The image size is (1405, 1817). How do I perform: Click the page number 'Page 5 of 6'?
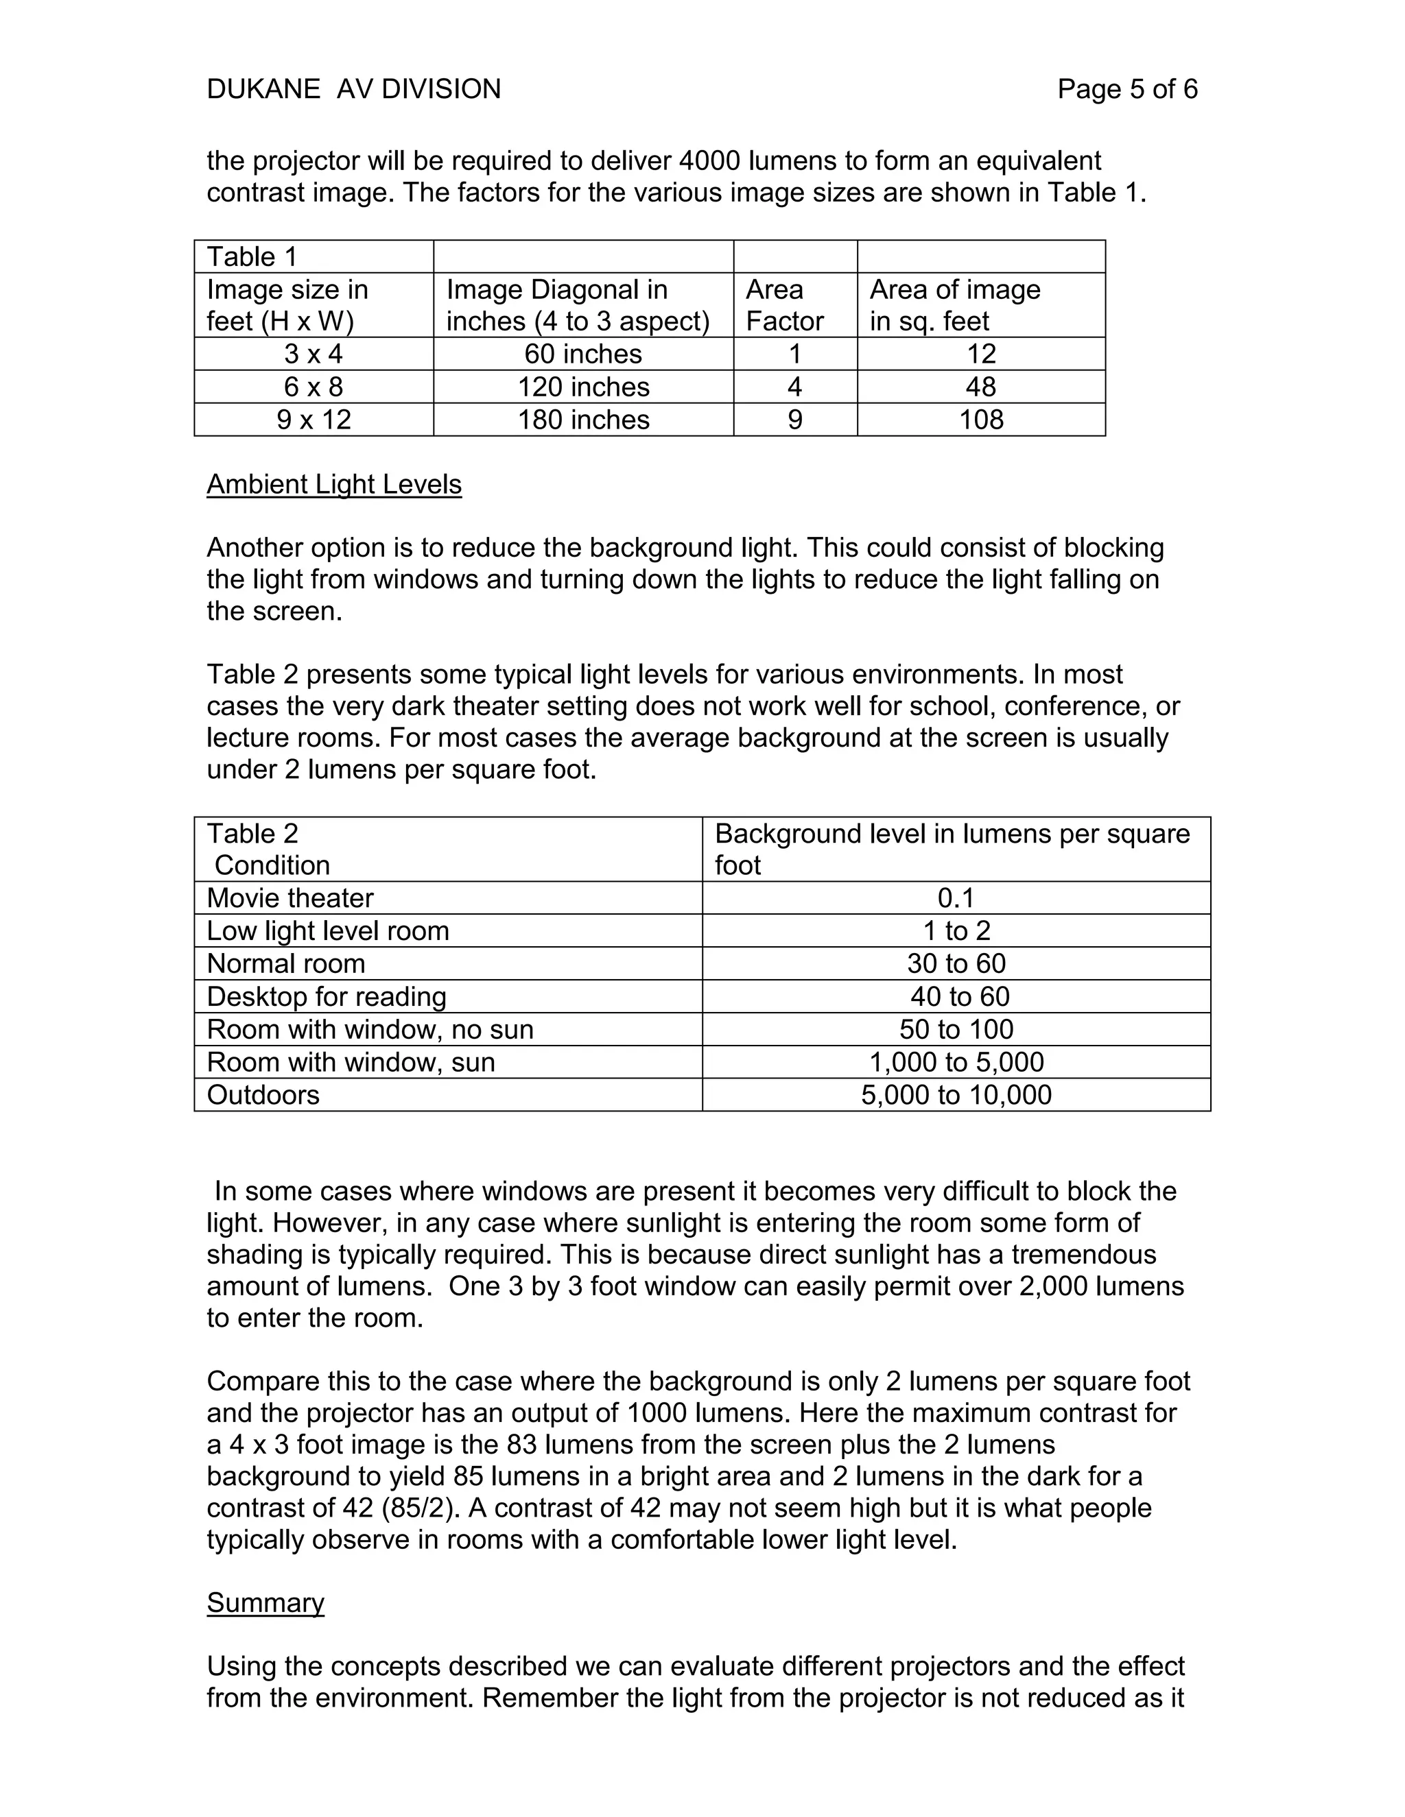[1126, 89]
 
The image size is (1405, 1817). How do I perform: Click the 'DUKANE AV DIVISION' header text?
[354, 89]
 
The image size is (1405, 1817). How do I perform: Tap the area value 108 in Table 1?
[980, 420]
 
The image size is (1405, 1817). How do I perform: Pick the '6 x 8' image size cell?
[313, 387]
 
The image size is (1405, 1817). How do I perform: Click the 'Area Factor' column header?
[784, 305]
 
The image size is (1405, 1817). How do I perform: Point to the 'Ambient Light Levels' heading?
[334, 484]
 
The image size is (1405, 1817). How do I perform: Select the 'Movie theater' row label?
[290, 898]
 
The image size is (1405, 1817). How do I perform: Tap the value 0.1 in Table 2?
[956, 898]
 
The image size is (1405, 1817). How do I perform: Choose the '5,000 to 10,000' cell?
[956, 1095]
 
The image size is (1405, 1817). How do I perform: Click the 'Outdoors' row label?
[263, 1095]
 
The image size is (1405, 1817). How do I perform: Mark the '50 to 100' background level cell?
[956, 1029]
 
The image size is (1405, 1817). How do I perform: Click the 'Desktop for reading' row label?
[327, 997]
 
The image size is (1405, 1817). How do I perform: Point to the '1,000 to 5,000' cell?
[956, 1062]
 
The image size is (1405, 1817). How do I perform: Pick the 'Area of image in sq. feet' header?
[955, 305]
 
